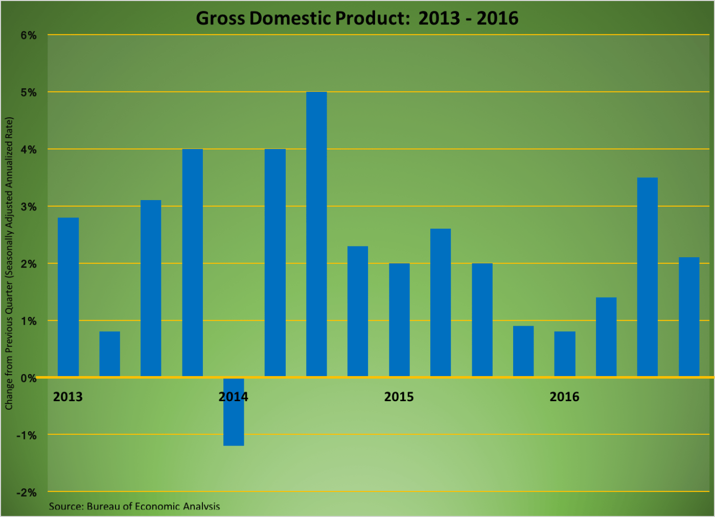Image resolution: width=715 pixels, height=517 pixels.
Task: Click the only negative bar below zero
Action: click(x=234, y=411)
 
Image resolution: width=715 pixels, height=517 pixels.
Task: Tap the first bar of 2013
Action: click(x=68, y=297)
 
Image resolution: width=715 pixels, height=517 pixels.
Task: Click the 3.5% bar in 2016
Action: click(x=648, y=277)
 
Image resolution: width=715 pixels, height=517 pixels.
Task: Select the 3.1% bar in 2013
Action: click(x=151, y=288)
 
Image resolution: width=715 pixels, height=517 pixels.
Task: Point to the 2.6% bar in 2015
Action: click(x=441, y=303)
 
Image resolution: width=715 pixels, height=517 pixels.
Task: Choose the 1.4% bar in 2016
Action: click(x=606, y=337)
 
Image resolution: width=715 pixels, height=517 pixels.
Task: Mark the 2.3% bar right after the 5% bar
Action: click(x=358, y=311)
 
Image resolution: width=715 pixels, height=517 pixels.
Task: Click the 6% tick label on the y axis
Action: click(x=28, y=36)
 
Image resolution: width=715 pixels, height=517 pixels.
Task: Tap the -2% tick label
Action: click(x=27, y=493)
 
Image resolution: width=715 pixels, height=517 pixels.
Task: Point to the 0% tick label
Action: click(x=28, y=378)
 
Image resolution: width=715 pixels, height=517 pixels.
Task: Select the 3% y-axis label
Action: click(x=28, y=207)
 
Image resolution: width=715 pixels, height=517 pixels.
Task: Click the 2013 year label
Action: click(x=67, y=397)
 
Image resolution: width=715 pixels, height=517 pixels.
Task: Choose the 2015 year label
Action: click(x=399, y=397)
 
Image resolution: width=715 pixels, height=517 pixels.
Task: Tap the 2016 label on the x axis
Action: click(x=564, y=397)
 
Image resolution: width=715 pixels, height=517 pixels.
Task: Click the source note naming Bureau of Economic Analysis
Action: click(x=134, y=506)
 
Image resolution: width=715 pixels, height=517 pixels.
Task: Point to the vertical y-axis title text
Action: click(x=9, y=263)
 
